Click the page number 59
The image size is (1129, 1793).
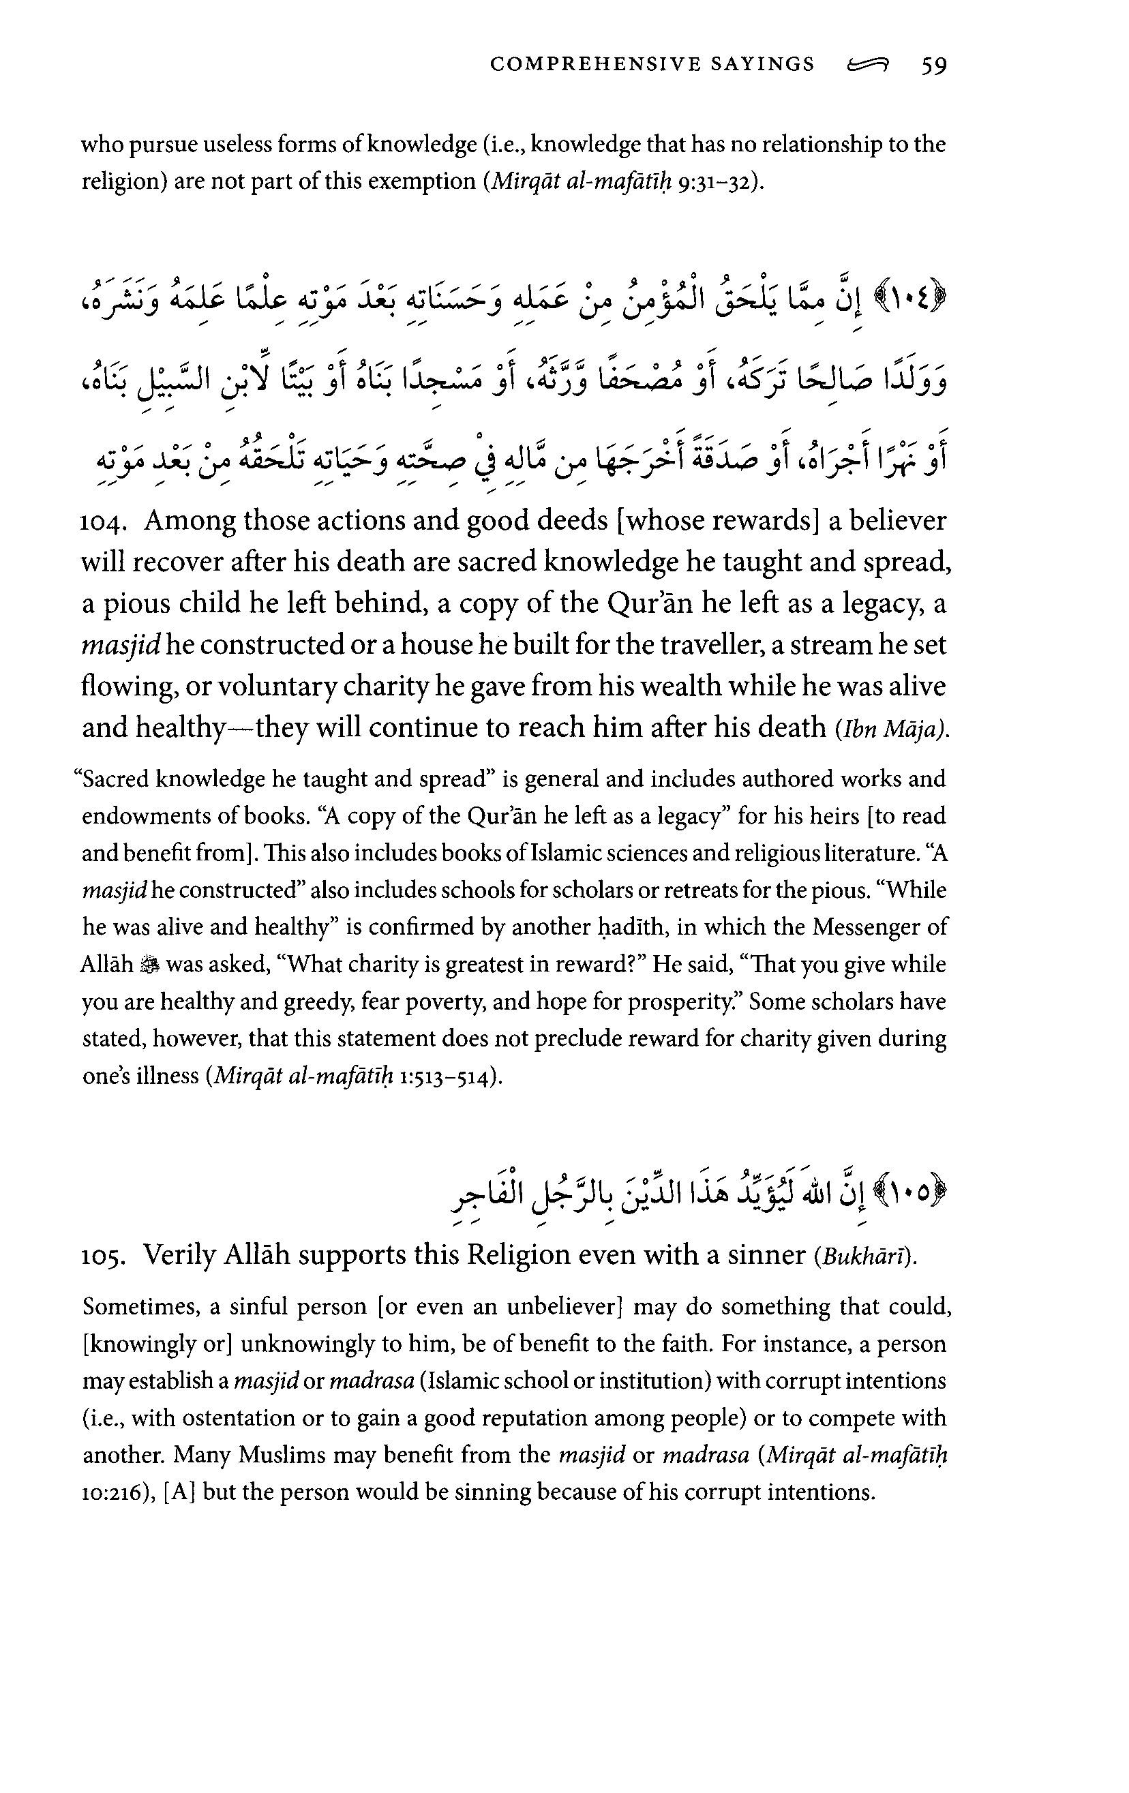tap(934, 65)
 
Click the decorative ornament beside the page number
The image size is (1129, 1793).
tap(868, 65)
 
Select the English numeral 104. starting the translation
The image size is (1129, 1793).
tap(103, 522)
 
